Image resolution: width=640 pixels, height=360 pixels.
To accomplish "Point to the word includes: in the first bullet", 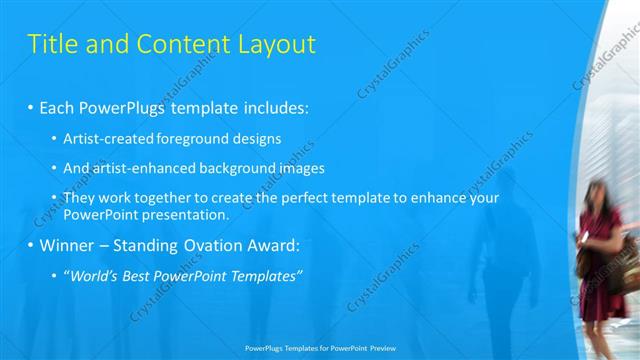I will pyautogui.click(x=272, y=106).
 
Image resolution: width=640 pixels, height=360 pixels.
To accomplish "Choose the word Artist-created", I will pyautogui.click(x=109, y=139).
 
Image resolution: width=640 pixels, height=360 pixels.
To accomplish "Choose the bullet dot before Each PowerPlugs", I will pyautogui.click(x=30, y=106).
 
